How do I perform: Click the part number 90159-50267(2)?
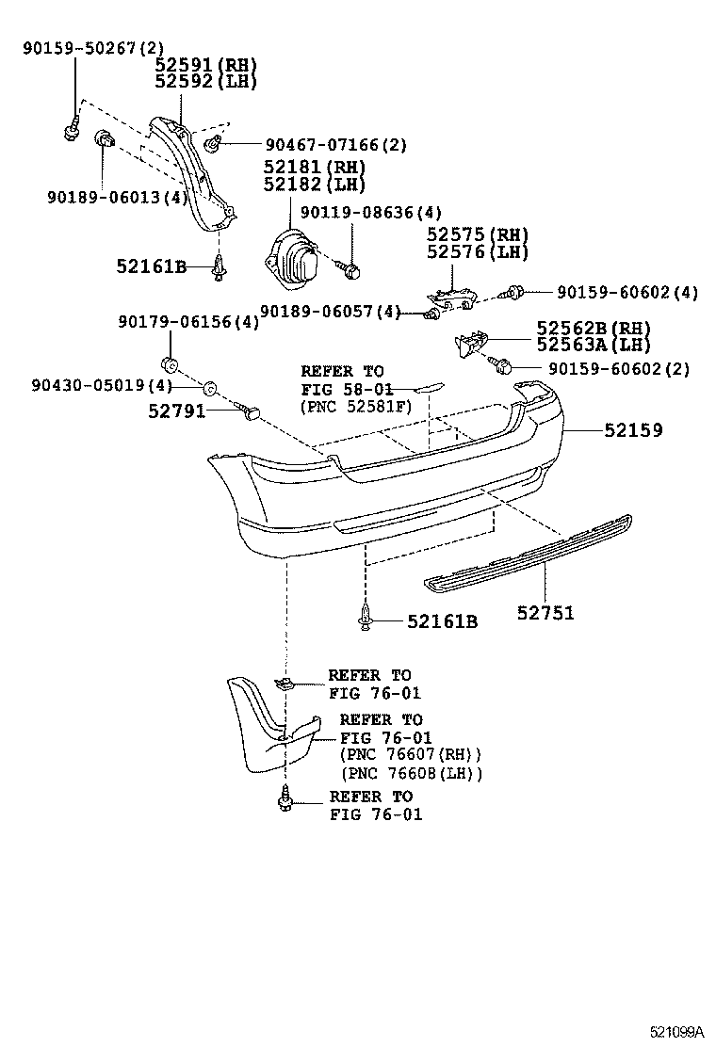point(80,48)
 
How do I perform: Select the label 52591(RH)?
point(206,65)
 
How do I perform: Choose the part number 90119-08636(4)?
point(370,213)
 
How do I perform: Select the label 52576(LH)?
point(477,252)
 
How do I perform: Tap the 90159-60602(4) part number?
point(626,293)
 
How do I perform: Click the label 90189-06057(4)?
point(330,311)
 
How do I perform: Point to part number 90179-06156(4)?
point(188,322)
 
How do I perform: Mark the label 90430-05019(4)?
point(101,385)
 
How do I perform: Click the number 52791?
point(176,411)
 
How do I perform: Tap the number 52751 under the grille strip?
point(545,613)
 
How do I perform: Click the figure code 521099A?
point(675,1031)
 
